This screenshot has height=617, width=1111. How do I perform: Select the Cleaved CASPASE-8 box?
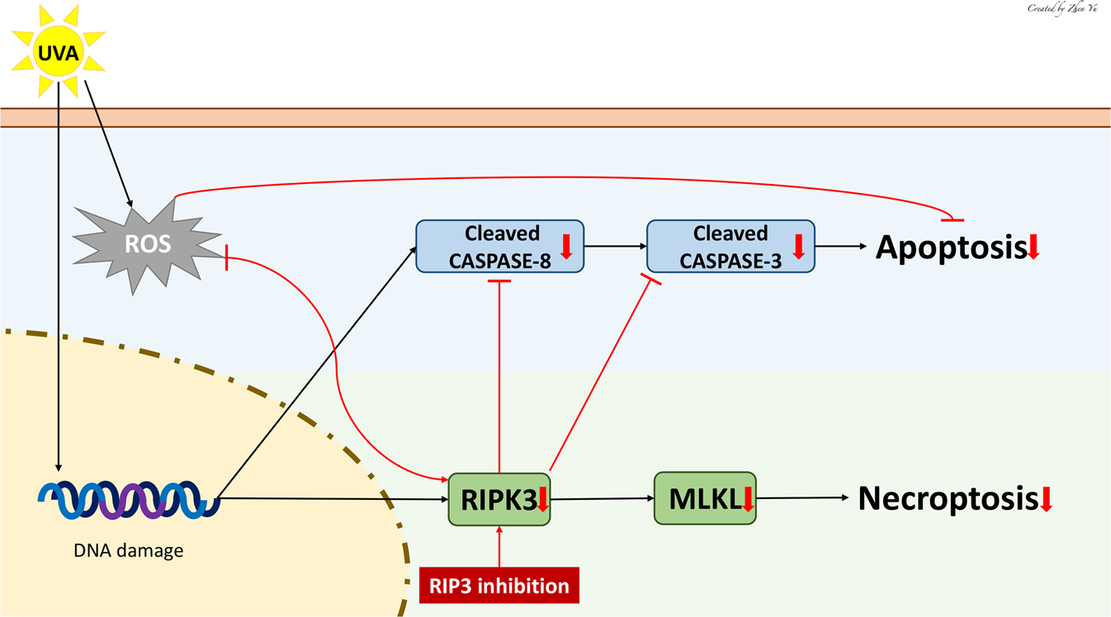click(x=499, y=246)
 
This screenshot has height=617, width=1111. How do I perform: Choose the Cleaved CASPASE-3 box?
click(x=730, y=246)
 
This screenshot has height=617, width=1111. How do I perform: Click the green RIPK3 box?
click(x=499, y=498)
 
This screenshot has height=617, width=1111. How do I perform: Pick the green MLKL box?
click(x=704, y=498)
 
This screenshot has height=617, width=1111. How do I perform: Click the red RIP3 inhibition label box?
click(x=499, y=586)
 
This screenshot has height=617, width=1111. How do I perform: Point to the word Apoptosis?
click(x=950, y=247)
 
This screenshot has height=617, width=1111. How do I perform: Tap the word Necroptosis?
click(x=947, y=498)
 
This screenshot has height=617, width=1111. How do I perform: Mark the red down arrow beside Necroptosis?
click(x=1046, y=499)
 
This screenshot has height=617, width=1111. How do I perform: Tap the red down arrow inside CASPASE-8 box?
click(x=566, y=246)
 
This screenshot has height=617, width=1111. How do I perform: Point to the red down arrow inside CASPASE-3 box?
click(x=797, y=246)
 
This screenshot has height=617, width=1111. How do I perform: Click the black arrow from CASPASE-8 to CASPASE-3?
click(x=615, y=246)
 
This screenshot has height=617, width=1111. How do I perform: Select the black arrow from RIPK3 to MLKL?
click(x=602, y=498)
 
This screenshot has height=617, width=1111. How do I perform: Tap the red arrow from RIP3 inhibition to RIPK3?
click(x=499, y=546)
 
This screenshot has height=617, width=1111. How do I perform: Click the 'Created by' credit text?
click(x=1065, y=8)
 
